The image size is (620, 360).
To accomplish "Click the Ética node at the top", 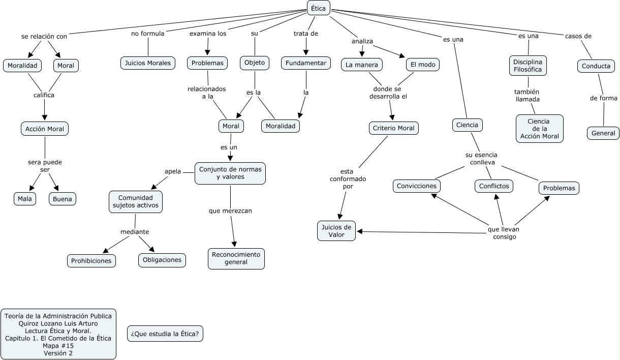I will point(319,8).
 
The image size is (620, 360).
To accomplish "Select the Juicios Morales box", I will point(148,63).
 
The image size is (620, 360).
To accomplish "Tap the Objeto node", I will point(255,63).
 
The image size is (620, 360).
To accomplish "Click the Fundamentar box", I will point(306,63).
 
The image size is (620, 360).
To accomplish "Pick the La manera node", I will point(362,65).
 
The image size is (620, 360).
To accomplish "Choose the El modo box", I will point(422,65).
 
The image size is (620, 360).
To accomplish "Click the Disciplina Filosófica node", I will point(528,66).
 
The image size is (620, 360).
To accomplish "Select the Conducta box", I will point(596,66).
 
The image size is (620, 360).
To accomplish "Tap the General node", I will point(603,133).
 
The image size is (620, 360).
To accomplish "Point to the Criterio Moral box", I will point(394,128).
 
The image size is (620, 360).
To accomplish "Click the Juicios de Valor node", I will point(336,231).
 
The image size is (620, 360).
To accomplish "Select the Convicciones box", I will point(417,186).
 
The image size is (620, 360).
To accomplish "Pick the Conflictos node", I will point(494,186).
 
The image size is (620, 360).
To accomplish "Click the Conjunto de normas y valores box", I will point(230,173).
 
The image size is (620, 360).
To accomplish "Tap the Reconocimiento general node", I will point(236,258).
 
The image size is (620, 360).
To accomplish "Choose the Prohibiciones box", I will point(91,261).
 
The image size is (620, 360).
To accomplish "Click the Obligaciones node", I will point(162,260).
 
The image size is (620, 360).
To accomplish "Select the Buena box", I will point(63,199).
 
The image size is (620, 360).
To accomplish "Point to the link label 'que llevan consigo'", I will point(504,233).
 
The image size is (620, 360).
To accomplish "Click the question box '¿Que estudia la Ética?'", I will point(165,334).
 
